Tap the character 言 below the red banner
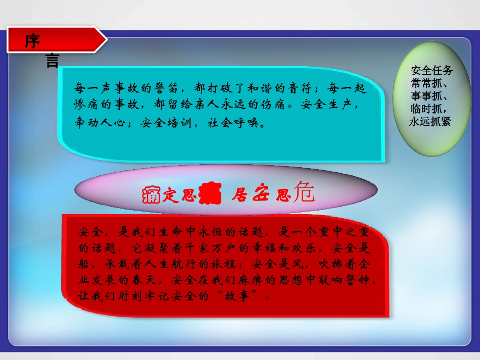point(52,61)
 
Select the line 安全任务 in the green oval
point(431,70)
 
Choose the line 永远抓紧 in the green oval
point(430,122)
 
